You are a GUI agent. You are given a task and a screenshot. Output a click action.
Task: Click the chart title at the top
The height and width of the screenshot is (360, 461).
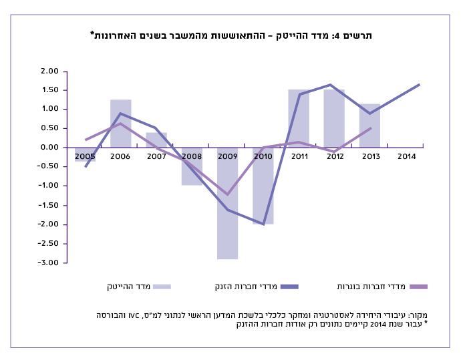[231, 35]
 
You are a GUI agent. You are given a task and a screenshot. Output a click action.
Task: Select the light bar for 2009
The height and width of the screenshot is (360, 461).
[227, 203]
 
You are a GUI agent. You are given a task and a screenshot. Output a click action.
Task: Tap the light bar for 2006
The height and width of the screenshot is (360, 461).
[120, 124]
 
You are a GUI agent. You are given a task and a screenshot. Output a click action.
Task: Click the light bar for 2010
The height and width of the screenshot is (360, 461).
[263, 186]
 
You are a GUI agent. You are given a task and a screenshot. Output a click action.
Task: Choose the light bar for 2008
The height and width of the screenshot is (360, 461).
[192, 166]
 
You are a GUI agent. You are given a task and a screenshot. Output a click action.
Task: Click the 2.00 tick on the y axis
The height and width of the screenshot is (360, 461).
[50, 71]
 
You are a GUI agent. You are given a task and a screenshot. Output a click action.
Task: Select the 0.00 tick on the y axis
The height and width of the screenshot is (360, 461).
[50, 147]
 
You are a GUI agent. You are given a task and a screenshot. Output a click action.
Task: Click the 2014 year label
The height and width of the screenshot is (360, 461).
[406, 156]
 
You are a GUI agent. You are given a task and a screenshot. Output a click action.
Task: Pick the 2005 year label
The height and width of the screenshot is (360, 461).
[84, 156]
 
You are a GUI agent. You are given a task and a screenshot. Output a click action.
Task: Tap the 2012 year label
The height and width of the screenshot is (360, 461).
[335, 156]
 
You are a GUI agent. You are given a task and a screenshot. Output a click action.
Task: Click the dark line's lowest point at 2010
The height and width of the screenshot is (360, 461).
[263, 224]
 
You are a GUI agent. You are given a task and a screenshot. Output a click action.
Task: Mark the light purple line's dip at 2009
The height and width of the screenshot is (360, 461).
[227, 194]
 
